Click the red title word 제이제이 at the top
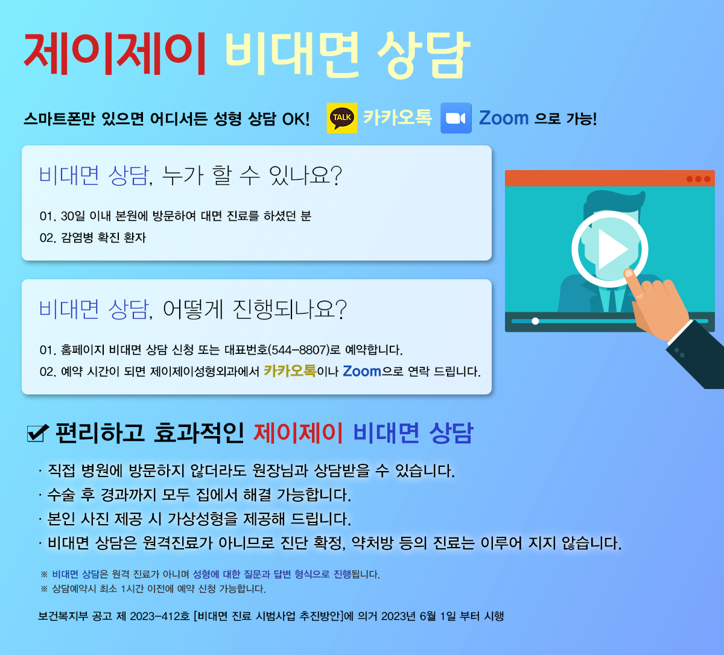[115, 54]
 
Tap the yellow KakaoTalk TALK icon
[342, 118]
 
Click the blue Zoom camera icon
[456, 118]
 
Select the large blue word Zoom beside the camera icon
[503, 118]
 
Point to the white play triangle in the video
[612, 249]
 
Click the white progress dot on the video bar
[535, 321]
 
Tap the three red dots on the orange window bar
[699, 179]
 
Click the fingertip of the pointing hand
[629, 273]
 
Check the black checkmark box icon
[37, 432]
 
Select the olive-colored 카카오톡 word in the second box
[290, 371]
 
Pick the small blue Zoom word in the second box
[361, 371]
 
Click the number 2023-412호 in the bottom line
[159, 616]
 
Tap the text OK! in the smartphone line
[296, 119]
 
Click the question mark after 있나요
[336, 176]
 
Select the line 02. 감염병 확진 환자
[93, 238]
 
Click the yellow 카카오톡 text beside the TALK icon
[397, 118]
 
